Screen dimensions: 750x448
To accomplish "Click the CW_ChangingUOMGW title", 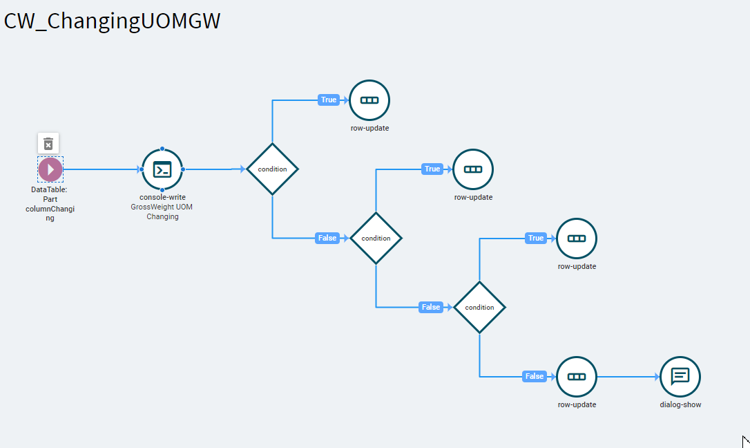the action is [112, 21].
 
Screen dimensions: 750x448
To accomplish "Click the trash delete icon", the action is [48, 144].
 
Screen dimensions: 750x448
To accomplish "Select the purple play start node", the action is [50, 169].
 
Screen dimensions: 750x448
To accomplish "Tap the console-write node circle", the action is [162, 169].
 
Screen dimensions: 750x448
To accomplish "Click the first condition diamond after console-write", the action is [273, 169].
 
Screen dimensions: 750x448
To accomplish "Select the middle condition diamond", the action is [376, 239].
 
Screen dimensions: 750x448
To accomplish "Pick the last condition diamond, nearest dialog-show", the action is [480, 307].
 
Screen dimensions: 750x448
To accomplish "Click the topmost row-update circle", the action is [369, 100].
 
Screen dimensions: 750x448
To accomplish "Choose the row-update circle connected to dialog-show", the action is [577, 377].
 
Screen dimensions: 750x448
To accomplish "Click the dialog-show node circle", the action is [680, 377].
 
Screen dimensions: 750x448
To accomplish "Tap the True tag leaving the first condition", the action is [329, 100].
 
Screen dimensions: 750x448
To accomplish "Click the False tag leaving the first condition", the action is [327, 238].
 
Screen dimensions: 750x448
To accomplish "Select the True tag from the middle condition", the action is [432, 169].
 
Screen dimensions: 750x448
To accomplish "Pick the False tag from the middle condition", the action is [430, 307].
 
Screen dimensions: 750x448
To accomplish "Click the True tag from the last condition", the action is [536, 238].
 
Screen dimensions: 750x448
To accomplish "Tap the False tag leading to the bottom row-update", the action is [535, 376].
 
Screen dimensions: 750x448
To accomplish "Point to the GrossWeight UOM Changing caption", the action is [162, 212].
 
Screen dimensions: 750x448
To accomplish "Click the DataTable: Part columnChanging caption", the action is [50, 204].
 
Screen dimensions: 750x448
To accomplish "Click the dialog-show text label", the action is [680, 404].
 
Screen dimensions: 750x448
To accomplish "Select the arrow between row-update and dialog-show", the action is [628, 377].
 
